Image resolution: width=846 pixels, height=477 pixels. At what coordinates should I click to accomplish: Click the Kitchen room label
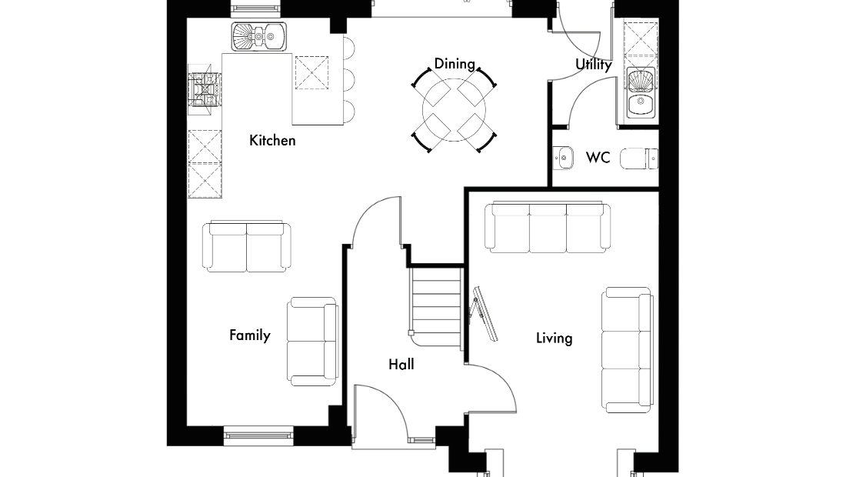272,140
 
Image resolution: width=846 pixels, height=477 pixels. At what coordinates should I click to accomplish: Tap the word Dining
455,64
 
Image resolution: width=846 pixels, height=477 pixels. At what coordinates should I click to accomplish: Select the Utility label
594,65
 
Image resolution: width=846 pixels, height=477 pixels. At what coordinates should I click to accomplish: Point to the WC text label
598,158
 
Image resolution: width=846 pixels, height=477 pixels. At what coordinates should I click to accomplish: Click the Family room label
250,335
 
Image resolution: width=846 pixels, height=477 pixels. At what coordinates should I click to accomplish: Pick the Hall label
401,365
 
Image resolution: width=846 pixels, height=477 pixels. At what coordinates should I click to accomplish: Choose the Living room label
554,339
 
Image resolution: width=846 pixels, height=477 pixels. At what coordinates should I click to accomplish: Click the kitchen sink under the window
259,37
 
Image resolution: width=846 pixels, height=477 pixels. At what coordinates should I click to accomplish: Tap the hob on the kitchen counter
205,89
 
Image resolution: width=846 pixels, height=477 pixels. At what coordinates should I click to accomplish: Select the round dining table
455,109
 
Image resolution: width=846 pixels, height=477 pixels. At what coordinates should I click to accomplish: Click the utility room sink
641,93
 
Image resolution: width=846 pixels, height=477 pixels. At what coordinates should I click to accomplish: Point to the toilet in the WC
639,158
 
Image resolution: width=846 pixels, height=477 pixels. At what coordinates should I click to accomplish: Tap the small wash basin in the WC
563,158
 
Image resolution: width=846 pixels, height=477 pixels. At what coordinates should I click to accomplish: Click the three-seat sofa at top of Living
548,227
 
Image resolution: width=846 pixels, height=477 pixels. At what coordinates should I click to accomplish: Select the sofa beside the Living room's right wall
628,350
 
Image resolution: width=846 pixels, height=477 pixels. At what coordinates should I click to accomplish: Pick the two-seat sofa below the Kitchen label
247,246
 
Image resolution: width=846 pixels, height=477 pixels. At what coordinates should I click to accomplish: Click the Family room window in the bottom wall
258,435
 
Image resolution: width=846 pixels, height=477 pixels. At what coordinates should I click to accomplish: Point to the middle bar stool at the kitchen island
350,81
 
